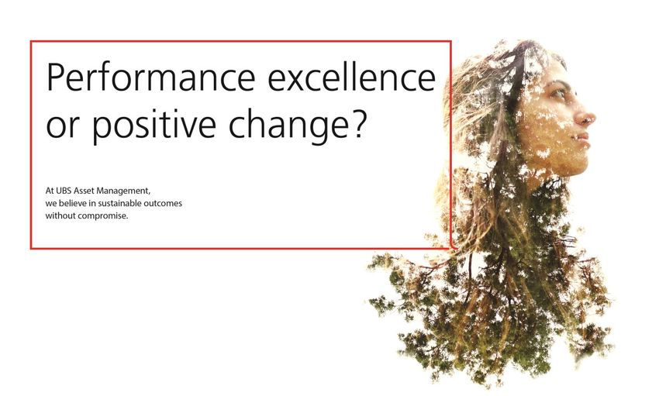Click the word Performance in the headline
[x=151, y=77]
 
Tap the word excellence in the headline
[x=351, y=77]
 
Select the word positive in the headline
[x=154, y=124]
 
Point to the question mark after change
[x=357, y=123]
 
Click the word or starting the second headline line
[x=63, y=128]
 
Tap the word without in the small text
[x=60, y=216]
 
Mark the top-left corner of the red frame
[x=31, y=41]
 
